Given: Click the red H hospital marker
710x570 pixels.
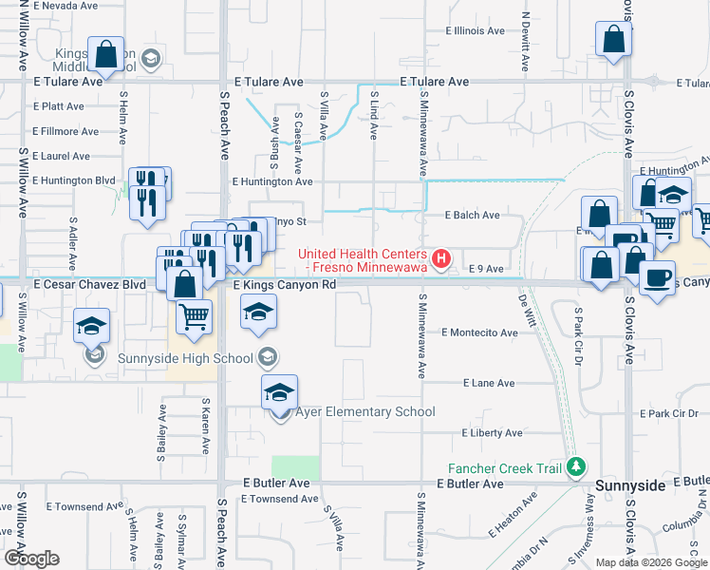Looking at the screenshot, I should (440, 258).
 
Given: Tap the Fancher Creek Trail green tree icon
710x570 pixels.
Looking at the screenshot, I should (573, 467).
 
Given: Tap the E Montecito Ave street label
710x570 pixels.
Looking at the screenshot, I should (479, 332).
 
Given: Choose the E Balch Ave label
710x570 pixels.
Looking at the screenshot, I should (473, 216).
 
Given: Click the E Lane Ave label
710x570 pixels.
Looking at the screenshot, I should (489, 383).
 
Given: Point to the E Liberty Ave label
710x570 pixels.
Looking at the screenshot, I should (492, 433).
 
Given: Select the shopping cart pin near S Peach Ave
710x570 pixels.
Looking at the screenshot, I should (194, 315).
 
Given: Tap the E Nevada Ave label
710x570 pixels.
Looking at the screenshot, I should (65, 6).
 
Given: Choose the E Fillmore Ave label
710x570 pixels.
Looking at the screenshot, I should (65, 132).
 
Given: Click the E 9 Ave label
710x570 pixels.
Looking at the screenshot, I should (486, 270).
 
